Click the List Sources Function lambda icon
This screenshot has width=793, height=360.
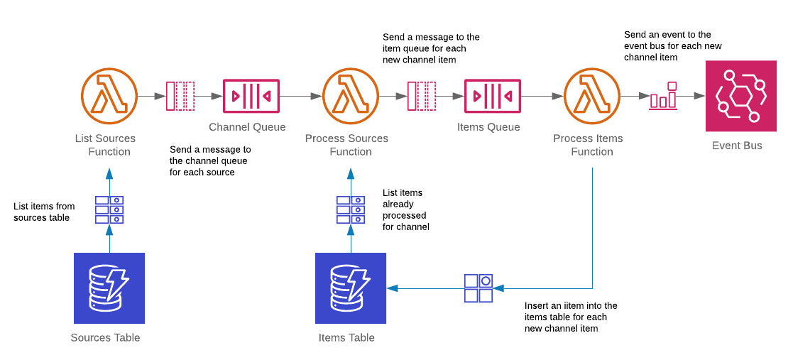click(109, 96)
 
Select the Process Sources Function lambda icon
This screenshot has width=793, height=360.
click(350, 96)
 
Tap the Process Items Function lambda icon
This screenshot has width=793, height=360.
click(591, 96)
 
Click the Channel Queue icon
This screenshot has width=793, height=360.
click(251, 96)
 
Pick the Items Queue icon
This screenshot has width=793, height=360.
click(492, 96)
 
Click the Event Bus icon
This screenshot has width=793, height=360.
click(740, 96)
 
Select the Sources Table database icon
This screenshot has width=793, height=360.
click(109, 288)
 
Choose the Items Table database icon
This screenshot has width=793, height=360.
click(351, 288)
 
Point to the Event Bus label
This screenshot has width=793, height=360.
click(737, 146)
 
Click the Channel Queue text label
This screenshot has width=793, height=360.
click(247, 127)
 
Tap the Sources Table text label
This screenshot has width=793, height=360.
click(105, 338)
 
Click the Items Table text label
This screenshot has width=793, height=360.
click(346, 338)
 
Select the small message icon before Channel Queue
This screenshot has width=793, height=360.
click(180, 96)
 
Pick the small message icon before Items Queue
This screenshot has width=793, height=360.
click(421, 96)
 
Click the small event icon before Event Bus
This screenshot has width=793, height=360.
click(663, 97)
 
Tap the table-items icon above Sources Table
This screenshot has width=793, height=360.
click(109, 210)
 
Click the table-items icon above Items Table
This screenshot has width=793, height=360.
click(351, 210)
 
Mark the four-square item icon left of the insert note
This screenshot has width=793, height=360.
click(478, 288)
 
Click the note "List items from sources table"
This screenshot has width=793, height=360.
click(44, 212)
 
